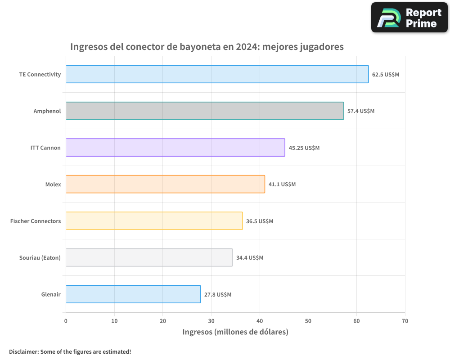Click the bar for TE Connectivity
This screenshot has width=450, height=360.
(x=217, y=74)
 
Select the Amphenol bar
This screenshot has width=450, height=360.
(x=205, y=111)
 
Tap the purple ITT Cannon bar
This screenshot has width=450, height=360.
(x=175, y=148)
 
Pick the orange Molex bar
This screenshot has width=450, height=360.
(x=165, y=184)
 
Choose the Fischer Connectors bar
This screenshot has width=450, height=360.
(x=154, y=221)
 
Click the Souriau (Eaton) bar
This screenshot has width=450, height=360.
(x=149, y=257)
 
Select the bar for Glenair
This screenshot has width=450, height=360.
(x=133, y=294)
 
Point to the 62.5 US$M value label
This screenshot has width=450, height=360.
(x=385, y=74)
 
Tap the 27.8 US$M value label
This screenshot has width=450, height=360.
(x=218, y=294)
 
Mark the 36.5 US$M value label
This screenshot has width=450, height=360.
(x=260, y=221)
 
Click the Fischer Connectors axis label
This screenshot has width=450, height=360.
(x=36, y=221)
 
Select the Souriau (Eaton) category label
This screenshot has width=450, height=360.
(x=40, y=257)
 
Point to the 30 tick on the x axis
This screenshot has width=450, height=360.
(x=211, y=321)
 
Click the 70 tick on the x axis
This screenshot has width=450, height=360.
(x=405, y=321)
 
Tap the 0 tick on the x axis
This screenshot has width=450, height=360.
(x=66, y=321)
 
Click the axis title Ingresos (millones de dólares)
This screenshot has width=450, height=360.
(x=235, y=332)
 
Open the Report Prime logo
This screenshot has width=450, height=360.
(x=409, y=18)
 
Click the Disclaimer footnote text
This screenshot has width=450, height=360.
(x=70, y=351)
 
